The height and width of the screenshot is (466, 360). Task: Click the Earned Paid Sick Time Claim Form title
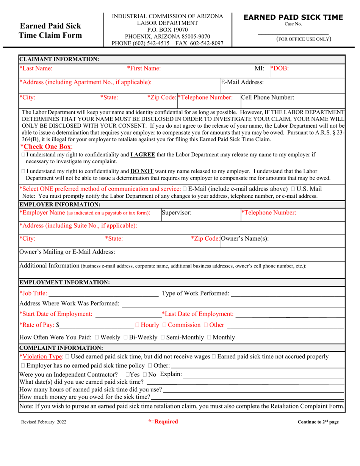tap(50, 31)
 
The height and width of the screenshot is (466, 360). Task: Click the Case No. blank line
tap(293, 33)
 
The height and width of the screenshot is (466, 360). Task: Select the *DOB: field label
tap(279, 69)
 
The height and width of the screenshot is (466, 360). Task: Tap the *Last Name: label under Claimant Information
tap(36, 69)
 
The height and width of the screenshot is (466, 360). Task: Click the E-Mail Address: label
tap(243, 82)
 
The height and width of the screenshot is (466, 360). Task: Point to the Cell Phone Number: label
tap(268, 97)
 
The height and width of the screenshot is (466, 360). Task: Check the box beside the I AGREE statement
tap(23, 155)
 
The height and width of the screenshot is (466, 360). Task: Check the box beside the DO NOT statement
tap(23, 171)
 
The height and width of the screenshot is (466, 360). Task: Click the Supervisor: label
tap(177, 213)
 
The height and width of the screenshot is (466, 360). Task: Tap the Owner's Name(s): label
tap(245, 239)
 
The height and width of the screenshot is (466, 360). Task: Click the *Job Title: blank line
tap(103, 294)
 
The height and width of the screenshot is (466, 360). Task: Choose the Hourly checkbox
tap(137, 325)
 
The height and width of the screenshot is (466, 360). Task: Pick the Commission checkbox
tap(164, 325)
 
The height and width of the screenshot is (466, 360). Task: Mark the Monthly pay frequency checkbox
tap(209, 338)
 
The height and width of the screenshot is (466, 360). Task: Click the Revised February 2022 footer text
tap(44, 422)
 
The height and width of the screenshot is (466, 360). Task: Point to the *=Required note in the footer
tap(163, 422)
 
